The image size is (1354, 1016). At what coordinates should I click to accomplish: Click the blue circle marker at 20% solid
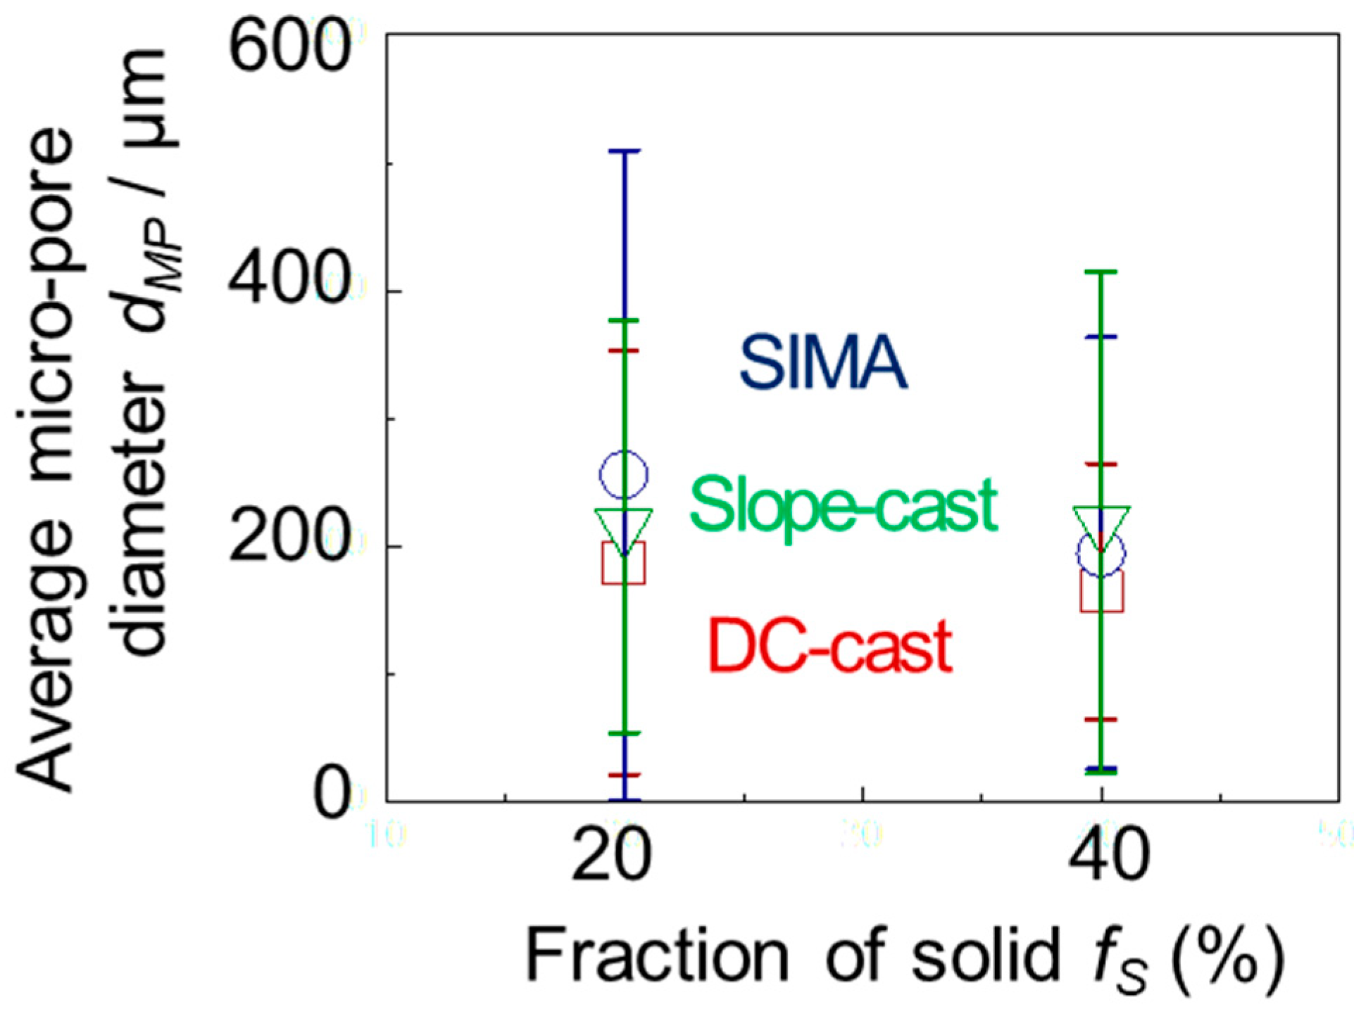pyautogui.click(x=623, y=475)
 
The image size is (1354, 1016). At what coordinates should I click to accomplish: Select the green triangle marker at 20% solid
pyautogui.click(x=624, y=527)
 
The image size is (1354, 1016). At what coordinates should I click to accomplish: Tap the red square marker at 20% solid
pyautogui.click(x=623, y=563)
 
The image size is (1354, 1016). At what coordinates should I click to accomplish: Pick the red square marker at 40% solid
pyautogui.click(x=1101, y=591)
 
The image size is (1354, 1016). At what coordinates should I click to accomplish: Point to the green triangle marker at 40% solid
pyautogui.click(x=1101, y=525)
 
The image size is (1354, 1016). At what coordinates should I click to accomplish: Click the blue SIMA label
pyautogui.click(x=822, y=363)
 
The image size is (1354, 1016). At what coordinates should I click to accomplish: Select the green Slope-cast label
pyautogui.click(x=843, y=505)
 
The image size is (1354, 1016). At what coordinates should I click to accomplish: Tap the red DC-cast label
pyautogui.click(x=830, y=646)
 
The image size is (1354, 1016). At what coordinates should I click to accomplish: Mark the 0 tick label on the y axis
pyautogui.click(x=331, y=795)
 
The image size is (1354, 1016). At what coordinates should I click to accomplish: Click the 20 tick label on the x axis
pyautogui.click(x=611, y=855)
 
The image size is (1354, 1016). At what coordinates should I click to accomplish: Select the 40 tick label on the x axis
pyautogui.click(x=1108, y=855)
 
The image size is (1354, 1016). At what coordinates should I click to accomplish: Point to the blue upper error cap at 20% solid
pyautogui.click(x=624, y=151)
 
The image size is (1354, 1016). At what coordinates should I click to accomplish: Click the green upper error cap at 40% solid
pyautogui.click(x=1101, y=272)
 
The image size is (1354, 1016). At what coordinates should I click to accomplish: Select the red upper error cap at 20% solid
pyautogui.click(x=624, y=350)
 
